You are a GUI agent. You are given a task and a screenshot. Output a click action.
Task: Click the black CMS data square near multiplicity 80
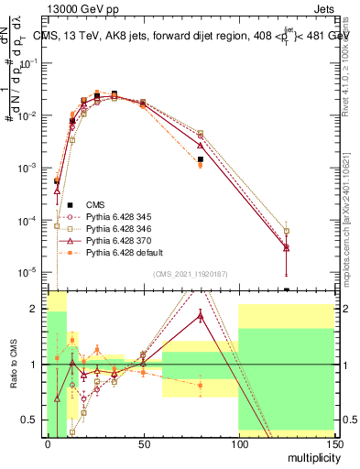[200, 159]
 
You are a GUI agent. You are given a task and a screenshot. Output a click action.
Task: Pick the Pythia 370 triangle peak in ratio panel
[200, 315]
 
